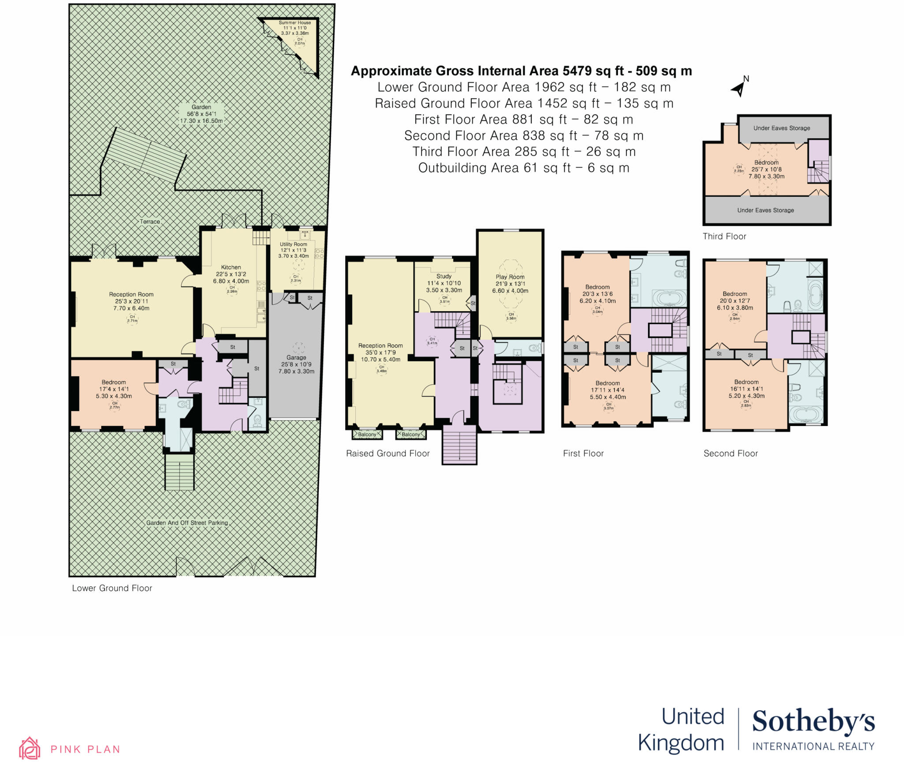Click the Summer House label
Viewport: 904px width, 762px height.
pyautogui.click(x=294, y=23)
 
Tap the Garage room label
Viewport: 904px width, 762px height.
pyautogui.click(x=296, y=358)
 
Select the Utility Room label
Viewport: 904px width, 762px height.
pyautogui.click(x=294, y=244)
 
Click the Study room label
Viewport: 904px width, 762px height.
pyautogui.click(x=444, y=276)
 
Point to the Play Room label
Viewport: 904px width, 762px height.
pyautogui.click(x=510, y=277)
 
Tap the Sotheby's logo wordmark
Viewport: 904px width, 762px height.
pyautogui.click(x=813, y=722)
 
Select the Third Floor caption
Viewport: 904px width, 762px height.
pyautogui.click(x=724, y=236)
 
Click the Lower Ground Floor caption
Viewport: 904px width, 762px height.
pyautogui.click(x=112, y=588)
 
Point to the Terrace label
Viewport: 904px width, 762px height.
pyautogui.click(x=150, y=222)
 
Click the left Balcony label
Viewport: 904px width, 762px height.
pyautogui.click(x=367, y=434)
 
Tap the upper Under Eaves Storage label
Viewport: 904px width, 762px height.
pyautogui.click(x=781, y=128)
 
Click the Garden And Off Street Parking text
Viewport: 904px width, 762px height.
pyautogui.click(x=187, y=523)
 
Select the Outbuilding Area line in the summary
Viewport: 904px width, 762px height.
pyautogui.click(x=524, y=168)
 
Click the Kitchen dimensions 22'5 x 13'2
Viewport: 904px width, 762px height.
pyautogui.click(x=231, y=274)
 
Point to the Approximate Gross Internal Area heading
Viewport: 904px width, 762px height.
pyautogui.click(x=521, y=71)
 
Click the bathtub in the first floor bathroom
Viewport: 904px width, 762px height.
pyautogui.click(x=670, y=298)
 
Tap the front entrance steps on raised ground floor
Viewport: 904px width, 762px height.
pyautogui.click(x=460, y=445)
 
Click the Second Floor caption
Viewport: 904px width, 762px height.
pyautogui.click(x=731, y=453)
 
